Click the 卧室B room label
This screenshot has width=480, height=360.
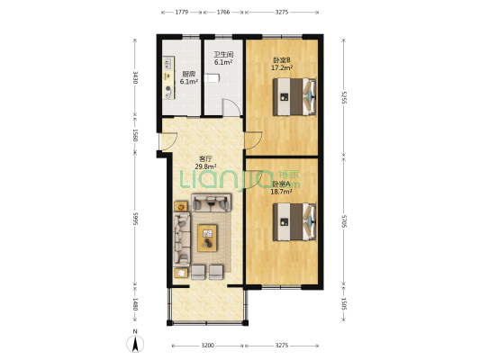pyautogui.click(x=281, y=60)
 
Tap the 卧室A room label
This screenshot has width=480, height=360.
pyautogui.click(x=281, y=184)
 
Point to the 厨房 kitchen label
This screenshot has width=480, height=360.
pyautogui.click(x=188, y=75)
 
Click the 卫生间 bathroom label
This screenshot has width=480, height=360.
pyautogui.click(x=222, y=56)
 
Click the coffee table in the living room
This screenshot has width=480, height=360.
pyautogui.click(x=208, y=238)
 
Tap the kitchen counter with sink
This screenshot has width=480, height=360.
pyautogui.click(x=168, y=76)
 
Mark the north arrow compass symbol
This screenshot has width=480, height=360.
pyautogui.click(x=135, y=342)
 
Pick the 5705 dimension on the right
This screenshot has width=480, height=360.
pyautogui.click(x=343, y=222)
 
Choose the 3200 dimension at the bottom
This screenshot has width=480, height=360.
pyautogui.click(x=206, y=346)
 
